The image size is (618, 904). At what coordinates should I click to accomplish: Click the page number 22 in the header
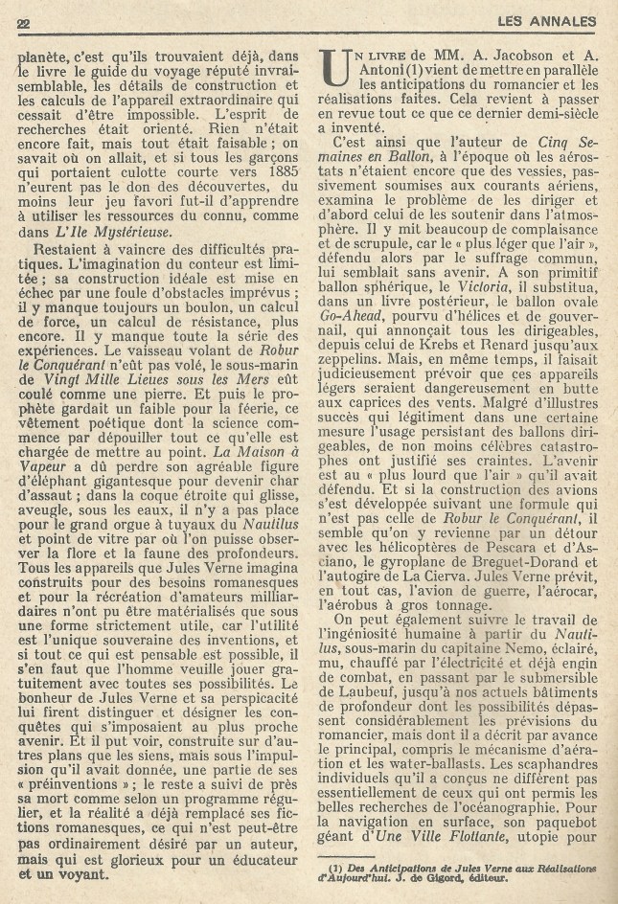[24, 23]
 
